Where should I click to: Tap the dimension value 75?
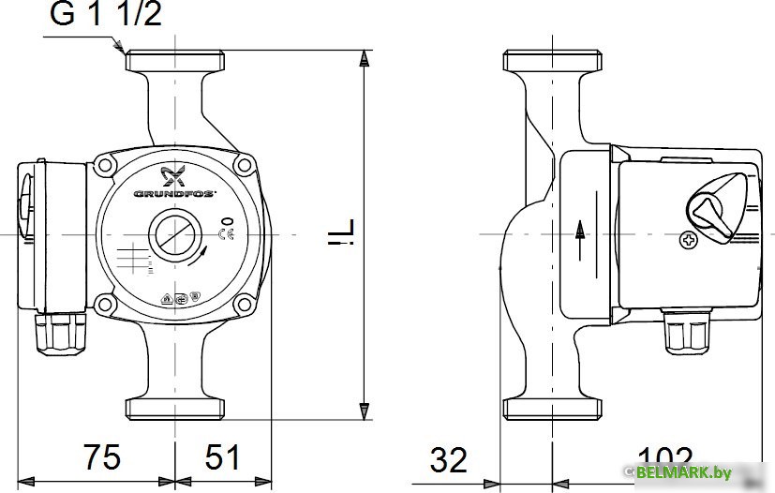coord(100,457)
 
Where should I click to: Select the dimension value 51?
coord(222,457)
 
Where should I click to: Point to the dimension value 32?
coord(448,459)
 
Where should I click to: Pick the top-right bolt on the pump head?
coord(245,167)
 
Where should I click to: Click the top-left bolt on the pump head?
coord(103,167)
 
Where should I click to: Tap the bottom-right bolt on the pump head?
coord(245,303)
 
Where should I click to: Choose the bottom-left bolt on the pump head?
coord(103,303)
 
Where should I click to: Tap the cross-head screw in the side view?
coord(690,241)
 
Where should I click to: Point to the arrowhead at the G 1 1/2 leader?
coord(120,47)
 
